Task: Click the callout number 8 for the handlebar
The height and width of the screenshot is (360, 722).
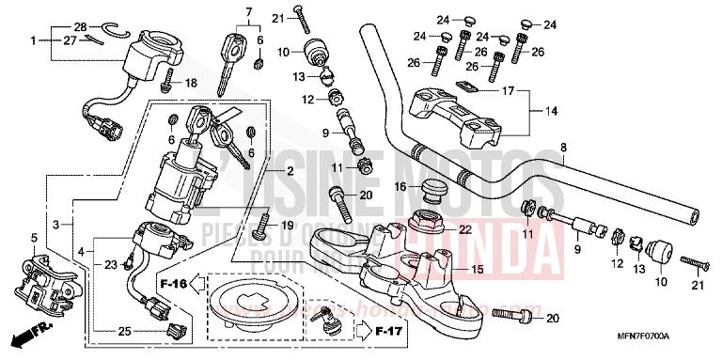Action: click(x=563, y=148)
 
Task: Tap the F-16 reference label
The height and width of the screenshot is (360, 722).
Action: click(x=173, y=281)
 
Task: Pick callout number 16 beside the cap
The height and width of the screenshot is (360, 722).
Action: click(x=400, y=187)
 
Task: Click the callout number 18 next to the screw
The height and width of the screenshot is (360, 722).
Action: click(x=191, y=84)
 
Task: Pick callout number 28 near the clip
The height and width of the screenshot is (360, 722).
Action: click(x=80, y=25)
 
